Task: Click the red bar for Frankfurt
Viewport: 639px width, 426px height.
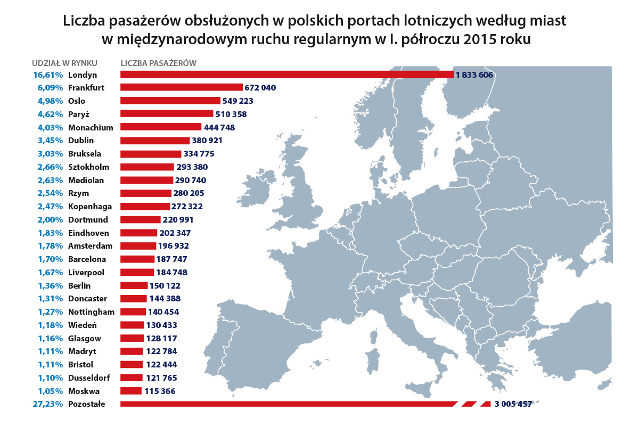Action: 181,88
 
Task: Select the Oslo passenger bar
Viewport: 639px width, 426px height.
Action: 170,101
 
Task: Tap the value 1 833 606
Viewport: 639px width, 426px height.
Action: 474,75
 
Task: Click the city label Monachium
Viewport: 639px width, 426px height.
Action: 91,127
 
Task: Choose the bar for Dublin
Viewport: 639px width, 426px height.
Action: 155,141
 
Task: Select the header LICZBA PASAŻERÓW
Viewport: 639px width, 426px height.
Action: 159,63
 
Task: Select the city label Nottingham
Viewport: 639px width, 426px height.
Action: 92,312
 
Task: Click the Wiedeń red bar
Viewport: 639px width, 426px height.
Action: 133,325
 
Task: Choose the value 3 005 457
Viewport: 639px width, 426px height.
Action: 513,404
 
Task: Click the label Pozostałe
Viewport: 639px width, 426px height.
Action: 87,404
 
